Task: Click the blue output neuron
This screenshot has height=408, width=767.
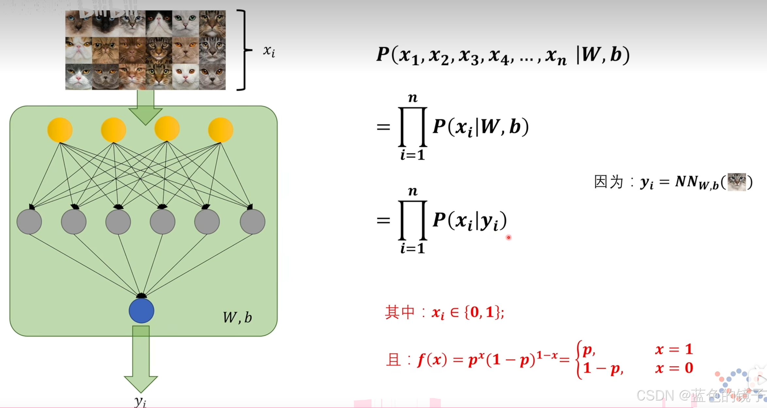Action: tap(141, 311)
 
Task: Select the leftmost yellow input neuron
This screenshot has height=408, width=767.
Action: tap(60, 130)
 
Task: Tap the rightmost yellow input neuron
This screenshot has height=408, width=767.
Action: tap(220, 130)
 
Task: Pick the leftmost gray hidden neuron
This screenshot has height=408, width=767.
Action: tap(29, 221)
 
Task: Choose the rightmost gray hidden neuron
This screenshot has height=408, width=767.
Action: tap(253, 221)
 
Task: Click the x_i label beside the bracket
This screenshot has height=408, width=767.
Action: tap(269, 51)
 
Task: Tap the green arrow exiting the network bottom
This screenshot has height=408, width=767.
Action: tap(141, 359)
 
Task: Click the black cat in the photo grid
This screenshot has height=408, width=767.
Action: tap(105, 24)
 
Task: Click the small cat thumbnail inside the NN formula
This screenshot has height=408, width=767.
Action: tap(737, 182)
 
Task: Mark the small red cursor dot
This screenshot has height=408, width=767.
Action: tap(509, 237)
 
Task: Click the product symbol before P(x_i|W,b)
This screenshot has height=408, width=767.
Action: tap(413, 127)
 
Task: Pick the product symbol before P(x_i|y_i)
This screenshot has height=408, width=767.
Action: tap(413, 220)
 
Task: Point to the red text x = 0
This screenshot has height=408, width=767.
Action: tap(674, 368)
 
